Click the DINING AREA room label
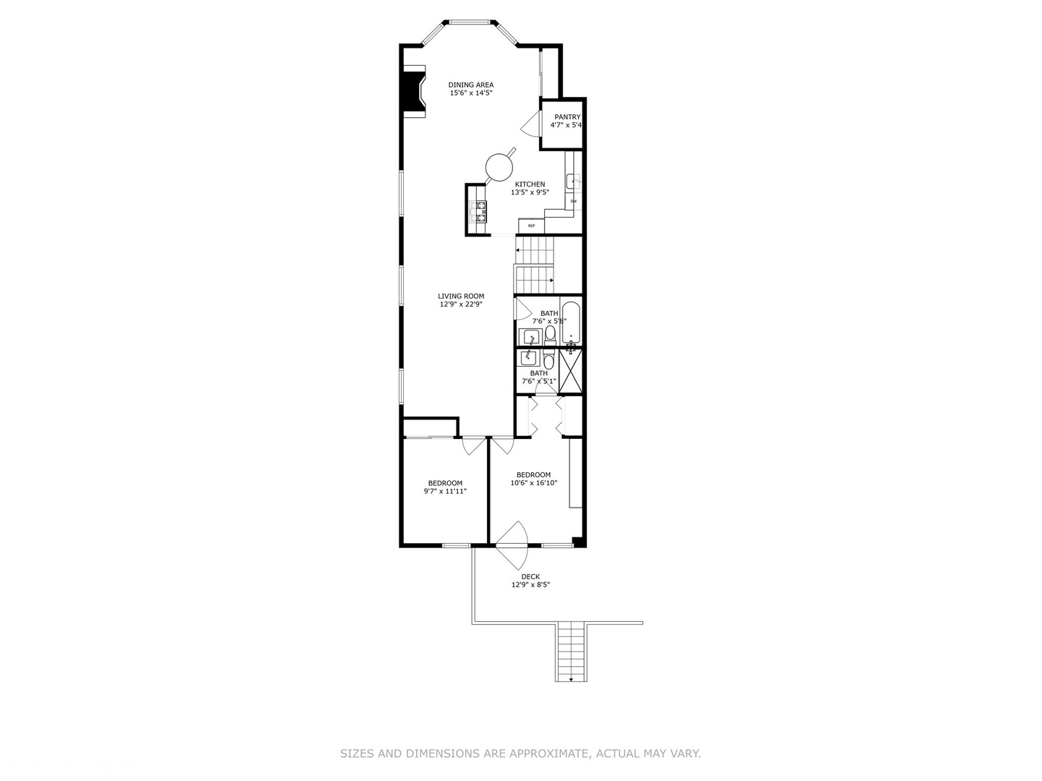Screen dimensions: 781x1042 point(471,85)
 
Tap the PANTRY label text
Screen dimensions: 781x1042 point(567,117)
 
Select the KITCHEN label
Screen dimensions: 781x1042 point(530,184)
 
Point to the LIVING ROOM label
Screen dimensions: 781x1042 point(461,296)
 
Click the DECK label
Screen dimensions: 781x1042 point(530,577)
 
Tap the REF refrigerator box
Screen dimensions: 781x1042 point(531,226)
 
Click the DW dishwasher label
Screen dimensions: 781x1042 point(573,201)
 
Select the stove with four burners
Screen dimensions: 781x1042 point(479,210)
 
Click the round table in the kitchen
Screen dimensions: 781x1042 point(498,166)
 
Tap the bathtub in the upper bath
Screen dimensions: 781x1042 point(571,323)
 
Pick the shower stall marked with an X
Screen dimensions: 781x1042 point(570,371)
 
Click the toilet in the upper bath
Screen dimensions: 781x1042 point(550,333)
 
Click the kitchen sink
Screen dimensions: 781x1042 point(572,182)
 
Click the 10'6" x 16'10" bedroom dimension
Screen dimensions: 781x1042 point(534,483)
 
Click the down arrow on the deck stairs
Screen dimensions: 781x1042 point(571,678)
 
